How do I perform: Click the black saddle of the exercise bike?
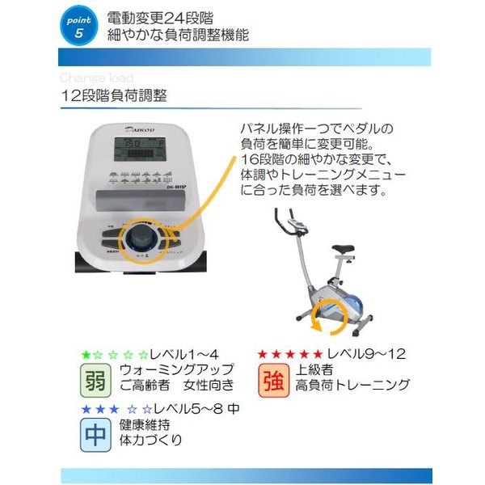click(x=342, y=249)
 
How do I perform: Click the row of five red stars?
click(x=289, y=354)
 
